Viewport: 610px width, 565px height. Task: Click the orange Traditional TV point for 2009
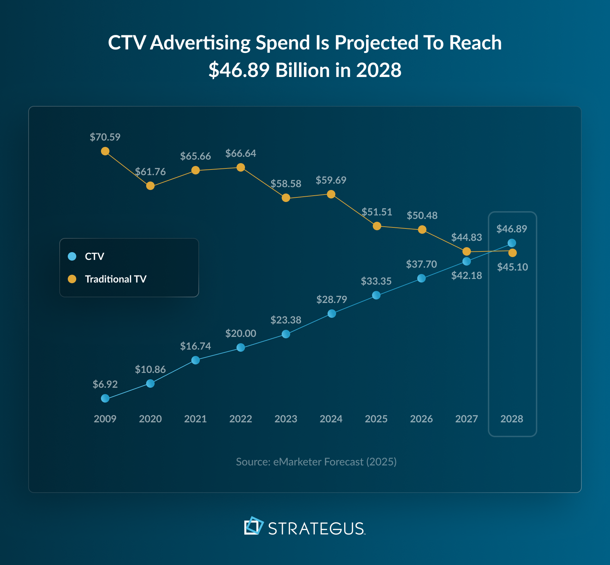[x=105, y=151]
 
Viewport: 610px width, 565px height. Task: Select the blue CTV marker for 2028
[x=512, y=243]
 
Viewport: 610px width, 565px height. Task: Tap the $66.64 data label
[x=241, y=153]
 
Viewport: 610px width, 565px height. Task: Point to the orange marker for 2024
[x=331, y=194]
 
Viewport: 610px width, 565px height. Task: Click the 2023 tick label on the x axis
[x=286, y=419]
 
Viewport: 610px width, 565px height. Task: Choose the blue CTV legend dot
[x=72, y=256]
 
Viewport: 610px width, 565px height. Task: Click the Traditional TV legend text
[x=115, y=279]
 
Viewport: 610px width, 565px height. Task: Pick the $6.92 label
[x=105, y=384]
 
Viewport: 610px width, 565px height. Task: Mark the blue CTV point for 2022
[x=241, y=347]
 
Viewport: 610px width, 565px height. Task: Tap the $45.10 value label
[x=513, y=267]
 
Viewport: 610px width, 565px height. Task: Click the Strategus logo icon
[x=254, y=526]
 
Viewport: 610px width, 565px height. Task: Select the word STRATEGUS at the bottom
[x=316, y=529]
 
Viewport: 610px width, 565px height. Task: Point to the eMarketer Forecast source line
[x=316, y=462]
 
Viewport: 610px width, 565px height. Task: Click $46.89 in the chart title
[x=239, y=70]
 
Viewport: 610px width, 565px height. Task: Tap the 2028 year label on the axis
[x=512, y=419]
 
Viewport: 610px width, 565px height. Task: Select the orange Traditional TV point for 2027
[x=467, y=251]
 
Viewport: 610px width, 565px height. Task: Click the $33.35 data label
[x=376, y=281]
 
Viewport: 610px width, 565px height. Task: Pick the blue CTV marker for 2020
[x=150, y=383]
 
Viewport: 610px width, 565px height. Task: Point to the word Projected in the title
[x=376, y=43]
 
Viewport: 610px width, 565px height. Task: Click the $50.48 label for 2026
[x=422, y=215]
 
